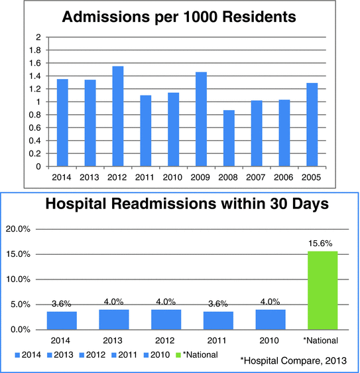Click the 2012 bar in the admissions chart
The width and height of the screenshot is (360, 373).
click(117, 116)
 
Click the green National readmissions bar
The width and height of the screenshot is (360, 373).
click(323, 290)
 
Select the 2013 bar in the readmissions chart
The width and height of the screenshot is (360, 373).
click(113, 319)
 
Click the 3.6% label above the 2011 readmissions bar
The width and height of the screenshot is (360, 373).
click(217, 305)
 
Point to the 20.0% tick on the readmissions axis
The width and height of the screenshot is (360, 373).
click(19, 228)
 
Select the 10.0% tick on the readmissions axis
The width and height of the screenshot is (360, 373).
click(19, 279)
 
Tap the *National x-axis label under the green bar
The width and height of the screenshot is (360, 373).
click(323, 340)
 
